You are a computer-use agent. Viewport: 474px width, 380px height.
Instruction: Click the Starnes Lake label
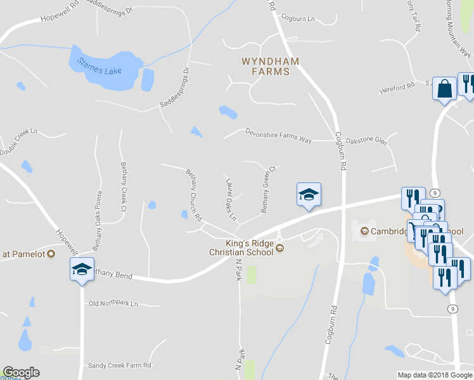click(99, 65)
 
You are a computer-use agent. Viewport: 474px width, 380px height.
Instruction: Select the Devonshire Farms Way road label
click(278, 136)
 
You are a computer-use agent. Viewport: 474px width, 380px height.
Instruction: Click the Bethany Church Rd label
click(193, 194)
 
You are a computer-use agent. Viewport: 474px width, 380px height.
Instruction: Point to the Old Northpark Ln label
click(113, 304)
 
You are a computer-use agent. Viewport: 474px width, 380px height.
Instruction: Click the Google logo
click(21, 372)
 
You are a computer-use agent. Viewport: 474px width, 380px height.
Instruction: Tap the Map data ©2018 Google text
click(435, 375)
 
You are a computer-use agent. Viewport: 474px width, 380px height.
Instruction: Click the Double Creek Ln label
click(19, 142)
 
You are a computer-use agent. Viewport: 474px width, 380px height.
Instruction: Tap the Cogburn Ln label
click(298, 19)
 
